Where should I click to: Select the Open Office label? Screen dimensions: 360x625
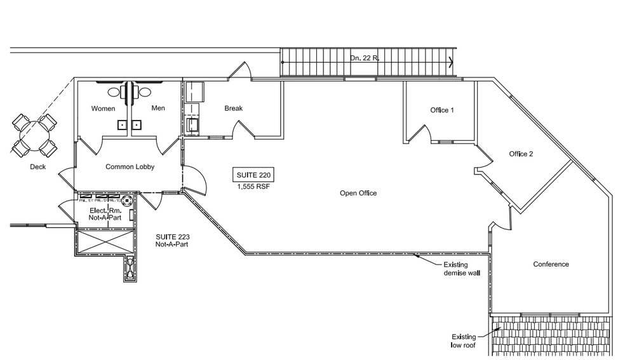coord(358,193)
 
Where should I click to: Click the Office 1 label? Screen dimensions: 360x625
coord(442,110)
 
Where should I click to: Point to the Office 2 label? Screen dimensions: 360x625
coord(521,154)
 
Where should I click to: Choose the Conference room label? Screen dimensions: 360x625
coord(551,264)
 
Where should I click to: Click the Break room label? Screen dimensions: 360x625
coord(233,109)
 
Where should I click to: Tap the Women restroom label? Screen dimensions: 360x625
coord(103,109)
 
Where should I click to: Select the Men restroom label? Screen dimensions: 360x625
coord(158,109)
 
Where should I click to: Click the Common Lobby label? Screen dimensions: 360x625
coord(130,167)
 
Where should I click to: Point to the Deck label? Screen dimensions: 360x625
coord(37,168)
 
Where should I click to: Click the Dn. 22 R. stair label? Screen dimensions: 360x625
coord(365,58)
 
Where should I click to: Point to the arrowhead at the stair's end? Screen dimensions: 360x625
coord(451,62)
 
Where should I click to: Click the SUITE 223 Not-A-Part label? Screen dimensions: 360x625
coord(172,240)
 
